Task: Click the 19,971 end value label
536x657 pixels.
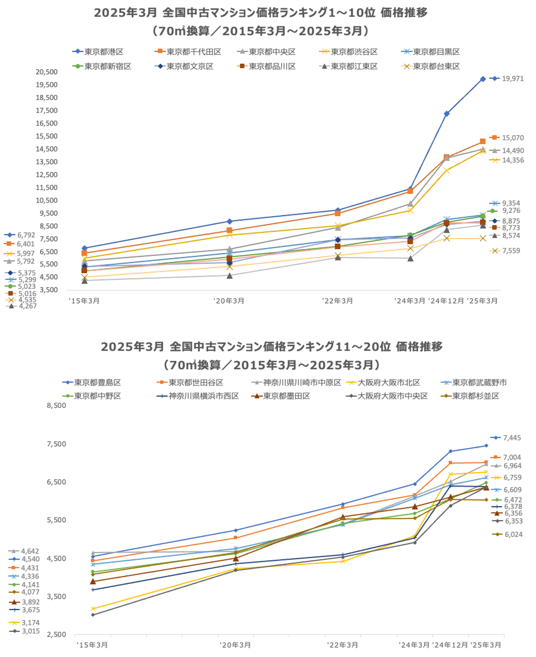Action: coord(513,79)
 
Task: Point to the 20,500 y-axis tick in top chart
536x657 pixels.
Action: coord(47,72)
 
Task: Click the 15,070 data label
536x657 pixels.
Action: coord(513,138)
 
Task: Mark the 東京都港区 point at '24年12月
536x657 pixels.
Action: coord(446,114)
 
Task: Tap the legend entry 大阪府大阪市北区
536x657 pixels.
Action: coord(388,383)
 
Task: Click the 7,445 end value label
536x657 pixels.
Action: coord(512,438)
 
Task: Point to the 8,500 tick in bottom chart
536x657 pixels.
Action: coord(56,405)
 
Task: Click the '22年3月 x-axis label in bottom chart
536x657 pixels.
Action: coord(342,645)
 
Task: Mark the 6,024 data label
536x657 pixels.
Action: coord(513,535)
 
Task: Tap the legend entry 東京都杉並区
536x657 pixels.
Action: coord(475,396)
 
